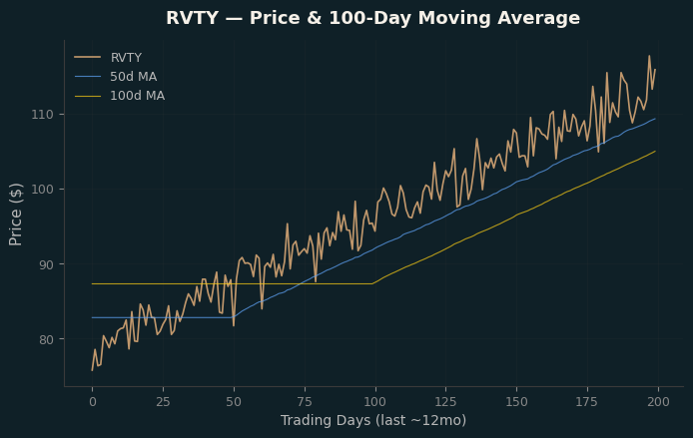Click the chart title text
tap(372, 18)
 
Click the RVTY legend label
tap(126, 58)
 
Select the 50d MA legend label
tap(134, 77)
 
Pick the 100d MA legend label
tap(138, 96)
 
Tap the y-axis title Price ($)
tap(15, 215)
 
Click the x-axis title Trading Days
tap(373, 420)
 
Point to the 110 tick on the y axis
tap(42, 115)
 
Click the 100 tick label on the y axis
tap(42, 190)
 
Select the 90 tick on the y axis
tap(46, 264)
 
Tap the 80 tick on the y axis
tap(46, 339)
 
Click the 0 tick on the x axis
tap(93, 402)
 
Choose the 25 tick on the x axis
tap(163, 402)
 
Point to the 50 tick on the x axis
tap(234, 402)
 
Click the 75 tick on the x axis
tap(305, 402)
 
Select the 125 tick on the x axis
tap(446, 402)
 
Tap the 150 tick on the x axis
tap(516, 402)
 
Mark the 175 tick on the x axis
tap(587, 402)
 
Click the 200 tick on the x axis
tap(658, 402)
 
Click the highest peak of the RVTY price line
tap(649, 56)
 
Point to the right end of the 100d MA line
tap(655, 151)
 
